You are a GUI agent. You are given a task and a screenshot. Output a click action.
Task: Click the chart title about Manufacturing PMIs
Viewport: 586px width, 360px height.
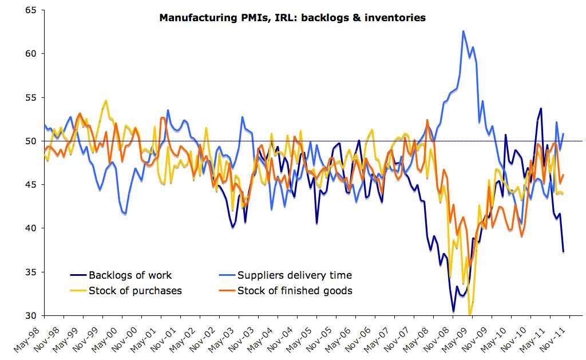coord(292,18)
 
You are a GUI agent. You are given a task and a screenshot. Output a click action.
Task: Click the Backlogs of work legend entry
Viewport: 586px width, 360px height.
coord(130,275)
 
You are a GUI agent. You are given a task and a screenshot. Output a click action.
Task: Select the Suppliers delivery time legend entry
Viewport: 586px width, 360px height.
coord(294,275)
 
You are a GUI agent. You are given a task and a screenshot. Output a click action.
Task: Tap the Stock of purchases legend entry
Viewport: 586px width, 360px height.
coord(135,291)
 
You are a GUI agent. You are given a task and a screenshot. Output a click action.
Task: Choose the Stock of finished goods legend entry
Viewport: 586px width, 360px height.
coord(295,291)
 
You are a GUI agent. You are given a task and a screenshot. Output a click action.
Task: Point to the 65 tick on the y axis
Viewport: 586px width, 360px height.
coord(29,10)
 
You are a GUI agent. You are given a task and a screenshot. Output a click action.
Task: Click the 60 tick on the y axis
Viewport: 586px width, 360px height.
coord(29,54)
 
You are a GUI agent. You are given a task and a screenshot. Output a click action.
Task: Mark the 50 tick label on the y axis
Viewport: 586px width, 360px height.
coord(29,141)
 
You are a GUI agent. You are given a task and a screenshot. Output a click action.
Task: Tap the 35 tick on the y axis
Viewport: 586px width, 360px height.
coord(29,272)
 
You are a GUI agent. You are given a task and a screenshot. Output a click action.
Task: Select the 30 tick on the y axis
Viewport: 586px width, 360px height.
coord(29,315)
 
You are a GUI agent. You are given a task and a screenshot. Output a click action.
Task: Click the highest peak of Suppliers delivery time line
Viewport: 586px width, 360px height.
coord(463,31)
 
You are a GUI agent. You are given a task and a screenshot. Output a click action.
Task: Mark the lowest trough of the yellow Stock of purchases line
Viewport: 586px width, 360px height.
coord(470,314)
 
